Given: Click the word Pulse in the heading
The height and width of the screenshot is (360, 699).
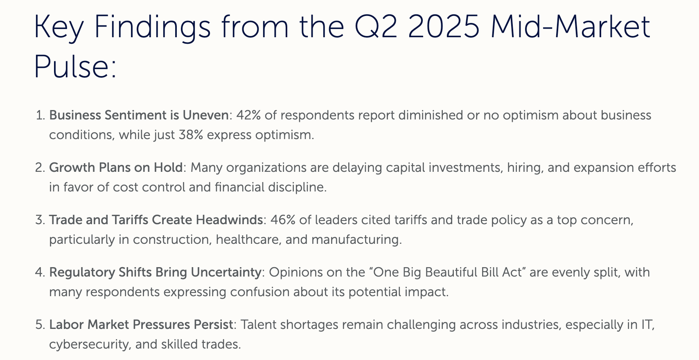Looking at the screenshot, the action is pyautogui.click(x=75, y=66).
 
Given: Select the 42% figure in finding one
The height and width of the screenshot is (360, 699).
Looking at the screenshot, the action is pyautogui.click(x=248, y=115).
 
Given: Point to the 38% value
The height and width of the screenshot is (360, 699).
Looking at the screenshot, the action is pyautogui.click(x=191, y=135).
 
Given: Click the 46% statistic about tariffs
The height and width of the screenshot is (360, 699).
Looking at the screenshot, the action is pyautogui.click(x=283, y=220).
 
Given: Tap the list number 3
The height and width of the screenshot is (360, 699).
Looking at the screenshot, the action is pyautogui.click(x=40, y=220).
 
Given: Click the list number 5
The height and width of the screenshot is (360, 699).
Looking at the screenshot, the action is pyautogui.click(x=40, y=325).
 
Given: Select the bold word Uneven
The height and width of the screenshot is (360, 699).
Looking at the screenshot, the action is pyautogui.click(x=205, y=115).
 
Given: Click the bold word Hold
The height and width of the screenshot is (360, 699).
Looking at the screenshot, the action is pyautogui.click(x=168, y=167).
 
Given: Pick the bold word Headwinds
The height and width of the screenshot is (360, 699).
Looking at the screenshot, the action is pyautogui.click(x=229, y=220).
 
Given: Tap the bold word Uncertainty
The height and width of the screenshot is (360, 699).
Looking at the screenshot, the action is pyautogui.click(x=226, y=272).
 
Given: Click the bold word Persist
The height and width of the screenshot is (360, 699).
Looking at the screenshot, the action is pyautogui.click(x=214, y=325).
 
